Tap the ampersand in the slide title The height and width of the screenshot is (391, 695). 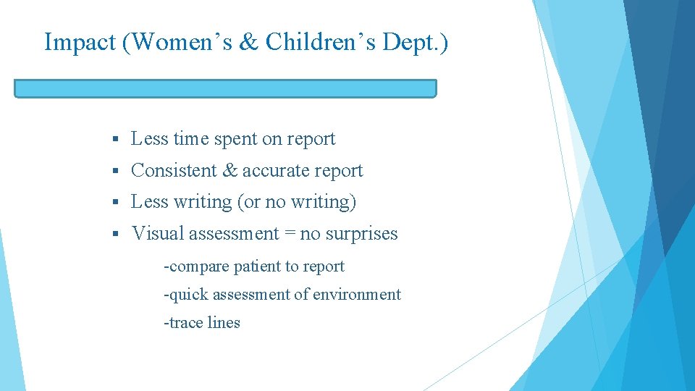(248, 42)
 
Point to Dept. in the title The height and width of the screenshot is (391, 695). (419, 43)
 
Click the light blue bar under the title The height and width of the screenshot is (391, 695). (225, 88)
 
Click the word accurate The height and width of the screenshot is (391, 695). (276, 171)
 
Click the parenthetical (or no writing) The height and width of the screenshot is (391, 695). (297, 202)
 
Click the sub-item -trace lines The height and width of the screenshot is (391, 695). (202, 323)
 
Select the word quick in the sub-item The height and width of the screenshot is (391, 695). (186, 295)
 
